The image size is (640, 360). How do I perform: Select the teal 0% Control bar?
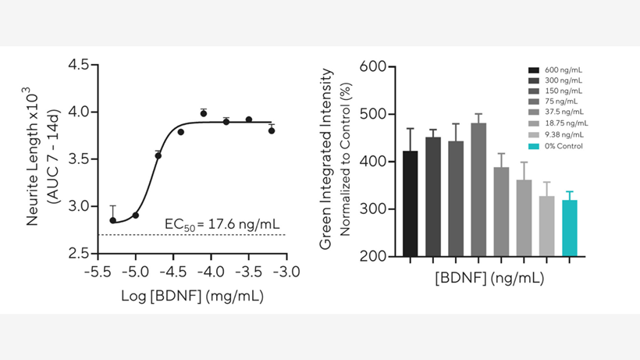(569, 228)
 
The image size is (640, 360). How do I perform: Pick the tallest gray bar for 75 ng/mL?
(478, 190)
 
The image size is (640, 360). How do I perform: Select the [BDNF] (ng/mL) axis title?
(489, 277)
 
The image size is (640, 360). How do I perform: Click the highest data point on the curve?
(203, 113)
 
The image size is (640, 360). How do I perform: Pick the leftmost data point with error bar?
(113, 220)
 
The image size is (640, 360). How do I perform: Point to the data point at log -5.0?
(136, 215)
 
